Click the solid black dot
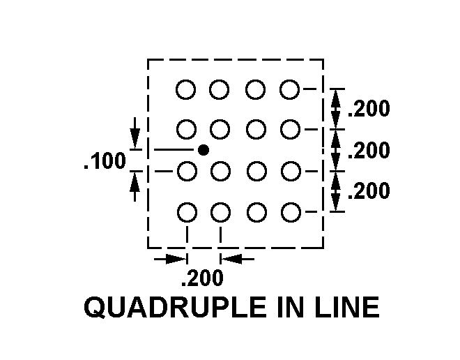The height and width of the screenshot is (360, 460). click(x=203, y=150)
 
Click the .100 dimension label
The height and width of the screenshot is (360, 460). click(x=105, y=163)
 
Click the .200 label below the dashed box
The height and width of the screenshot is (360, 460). click(x=202, y=279)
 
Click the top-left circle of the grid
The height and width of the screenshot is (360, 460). click(x=186, y=89)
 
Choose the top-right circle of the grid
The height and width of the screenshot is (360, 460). click(x=290, y=89)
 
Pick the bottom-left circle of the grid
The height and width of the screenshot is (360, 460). click(x=186, y=211)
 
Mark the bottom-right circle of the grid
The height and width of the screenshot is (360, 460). click(x=290, y=211)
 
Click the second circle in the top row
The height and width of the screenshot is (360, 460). click(x=220, y=89)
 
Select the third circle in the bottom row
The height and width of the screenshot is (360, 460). click(x=256, y=211)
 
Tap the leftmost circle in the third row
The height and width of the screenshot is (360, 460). click(x=186, y=170)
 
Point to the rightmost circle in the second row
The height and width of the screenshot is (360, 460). click(x=290, y=129)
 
